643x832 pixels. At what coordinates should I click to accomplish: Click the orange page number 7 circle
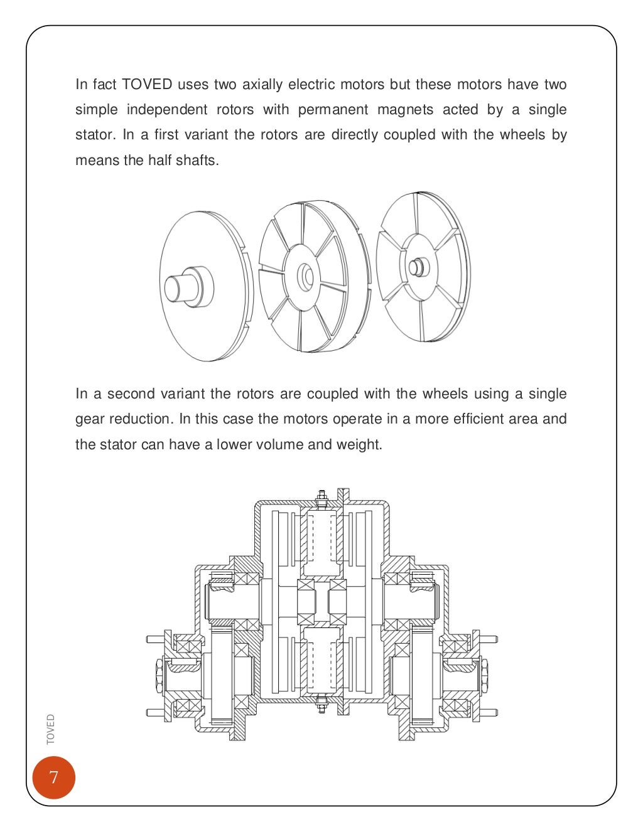(54, 777)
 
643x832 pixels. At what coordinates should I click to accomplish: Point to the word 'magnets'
(405, 110)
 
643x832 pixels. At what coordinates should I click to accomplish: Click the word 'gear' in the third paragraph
(89, 419)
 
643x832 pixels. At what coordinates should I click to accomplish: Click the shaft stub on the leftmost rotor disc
(182, 287)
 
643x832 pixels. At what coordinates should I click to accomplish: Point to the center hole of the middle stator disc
(305, 277)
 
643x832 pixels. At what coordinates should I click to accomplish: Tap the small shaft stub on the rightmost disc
(416, 267)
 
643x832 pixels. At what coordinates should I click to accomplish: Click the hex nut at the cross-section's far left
(158, 676)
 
